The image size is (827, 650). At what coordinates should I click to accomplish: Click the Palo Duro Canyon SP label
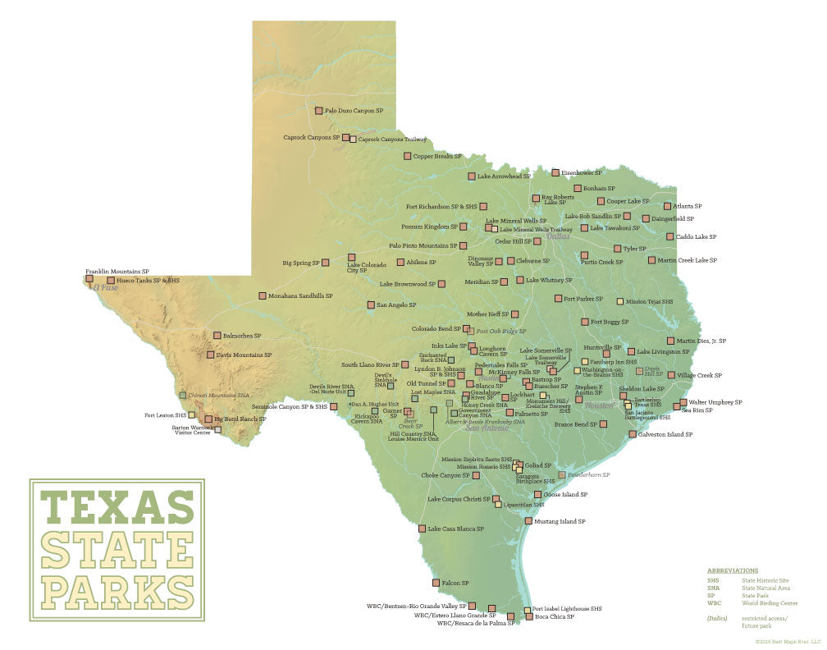tap(354, 110)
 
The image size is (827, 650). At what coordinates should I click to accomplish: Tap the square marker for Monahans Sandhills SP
tap(263, 295)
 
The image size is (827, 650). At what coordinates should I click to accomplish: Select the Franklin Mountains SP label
tap(117, 271)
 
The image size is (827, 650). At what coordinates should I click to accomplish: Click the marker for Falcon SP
tap(436, 583)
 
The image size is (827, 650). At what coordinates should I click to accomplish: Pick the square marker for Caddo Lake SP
tap(670, 236)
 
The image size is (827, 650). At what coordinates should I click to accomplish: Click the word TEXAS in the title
tap(117, 507)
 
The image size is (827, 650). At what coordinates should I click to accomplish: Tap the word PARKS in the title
tap(117, 589)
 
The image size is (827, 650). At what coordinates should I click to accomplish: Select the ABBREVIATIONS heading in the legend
tap(733, 570)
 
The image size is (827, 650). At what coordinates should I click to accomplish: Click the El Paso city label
tap(106, 288)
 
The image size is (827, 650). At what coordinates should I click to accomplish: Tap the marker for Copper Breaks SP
tap(407, 156)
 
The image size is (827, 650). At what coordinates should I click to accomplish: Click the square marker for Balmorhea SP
tap(217, 335)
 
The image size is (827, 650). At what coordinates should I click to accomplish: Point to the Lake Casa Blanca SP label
tap(455, 529)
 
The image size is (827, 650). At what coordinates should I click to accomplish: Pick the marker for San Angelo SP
tap(371, 305)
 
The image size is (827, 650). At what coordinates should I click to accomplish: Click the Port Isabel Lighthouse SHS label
tap(567, 609)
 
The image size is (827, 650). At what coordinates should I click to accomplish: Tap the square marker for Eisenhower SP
tap(555, 173)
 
